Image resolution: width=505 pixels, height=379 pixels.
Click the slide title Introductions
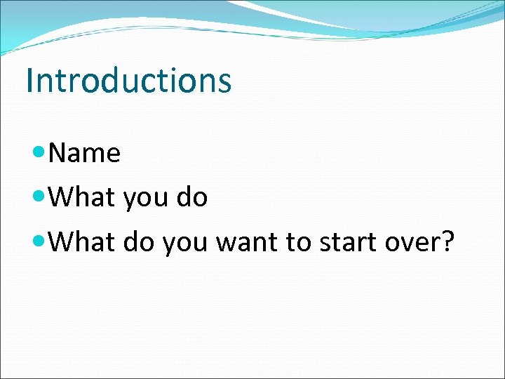coord(128,80)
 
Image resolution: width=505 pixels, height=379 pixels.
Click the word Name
coord(86,153)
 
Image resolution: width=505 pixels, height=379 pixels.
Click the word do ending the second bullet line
coord(192,198)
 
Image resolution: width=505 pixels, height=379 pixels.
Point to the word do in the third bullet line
coord(139,243)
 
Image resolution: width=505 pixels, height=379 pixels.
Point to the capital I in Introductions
coord(29,80)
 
